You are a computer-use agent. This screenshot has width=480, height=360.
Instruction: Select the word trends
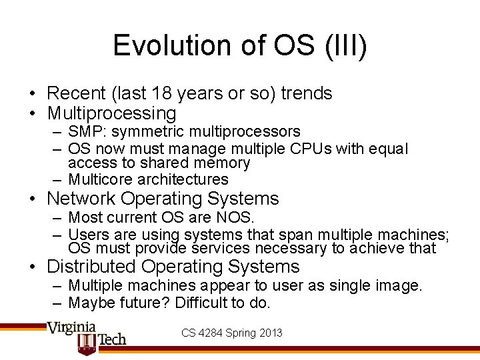click(x=306, y=93)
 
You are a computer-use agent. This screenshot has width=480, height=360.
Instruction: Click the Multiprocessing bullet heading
click(x=111, y=113)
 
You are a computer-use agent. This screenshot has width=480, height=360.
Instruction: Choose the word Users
click(x=87, y=234)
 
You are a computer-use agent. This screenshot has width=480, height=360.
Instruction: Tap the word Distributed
click(x=89, y=267)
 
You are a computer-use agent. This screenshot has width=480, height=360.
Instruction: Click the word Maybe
click(x=91, y=303)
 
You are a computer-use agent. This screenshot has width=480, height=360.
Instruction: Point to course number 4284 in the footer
click(x=211, y=332)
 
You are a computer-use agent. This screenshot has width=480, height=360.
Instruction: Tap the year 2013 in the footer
click(x=270, y=332)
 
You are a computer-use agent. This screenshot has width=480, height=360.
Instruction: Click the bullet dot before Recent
click(x=32, y=94)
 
